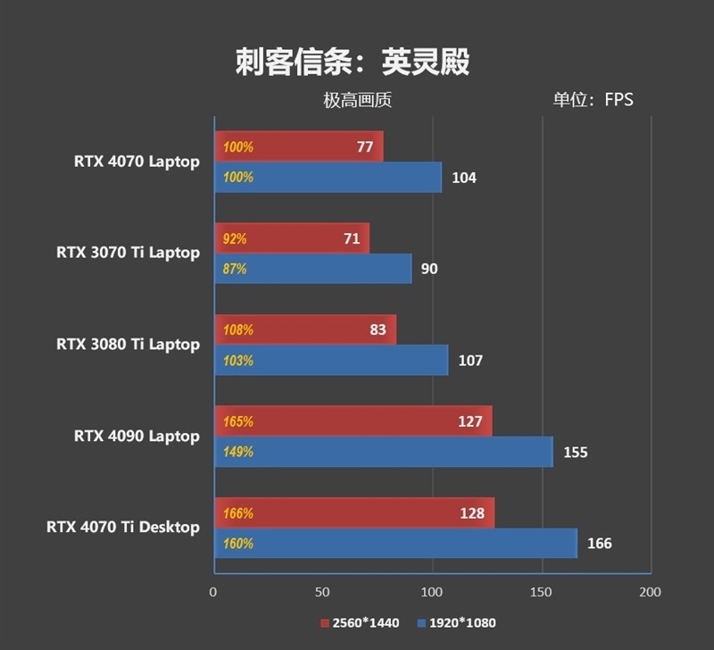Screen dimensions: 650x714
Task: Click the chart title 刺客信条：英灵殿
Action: tap(353, 62)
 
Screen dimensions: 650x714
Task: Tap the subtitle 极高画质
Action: tap(357, 100)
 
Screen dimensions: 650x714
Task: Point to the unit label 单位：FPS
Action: tap(593, 100)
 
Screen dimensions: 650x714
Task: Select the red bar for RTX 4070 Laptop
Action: tap(298, 147)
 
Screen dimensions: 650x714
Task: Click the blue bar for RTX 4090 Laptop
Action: tap(384, 452)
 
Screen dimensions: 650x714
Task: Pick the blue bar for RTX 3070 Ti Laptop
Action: tap(312, 269)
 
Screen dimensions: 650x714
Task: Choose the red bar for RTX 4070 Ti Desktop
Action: tap(353, 513)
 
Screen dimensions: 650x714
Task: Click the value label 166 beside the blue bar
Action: tap(600, 543)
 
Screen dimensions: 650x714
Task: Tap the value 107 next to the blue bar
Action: tap(469, 361)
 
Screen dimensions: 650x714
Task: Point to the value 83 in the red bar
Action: tap(378, 329)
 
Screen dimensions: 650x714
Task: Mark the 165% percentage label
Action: tap(238, 421)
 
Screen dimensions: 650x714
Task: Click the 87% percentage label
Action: tap(235, 269)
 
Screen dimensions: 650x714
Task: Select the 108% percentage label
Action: tap(238, 329)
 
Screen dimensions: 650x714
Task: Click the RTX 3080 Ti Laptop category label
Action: tap(128, 345)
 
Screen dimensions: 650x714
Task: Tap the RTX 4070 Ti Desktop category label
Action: tap(123, 528)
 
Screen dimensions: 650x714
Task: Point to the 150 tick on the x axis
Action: tap(542, 592)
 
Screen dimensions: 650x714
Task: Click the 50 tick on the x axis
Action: tap(322, 592)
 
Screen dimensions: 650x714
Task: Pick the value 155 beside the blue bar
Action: tap(576, 452)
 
